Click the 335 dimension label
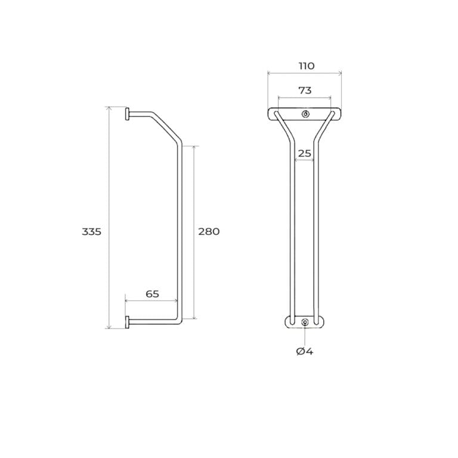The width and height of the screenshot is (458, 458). (x=91, y=231)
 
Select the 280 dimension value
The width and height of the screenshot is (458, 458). (x=209, y=231)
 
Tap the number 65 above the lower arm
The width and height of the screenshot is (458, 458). (x=152, y=294)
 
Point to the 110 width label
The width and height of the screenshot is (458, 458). (x=307, y=66)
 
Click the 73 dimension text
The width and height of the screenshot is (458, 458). (x=305, y=91)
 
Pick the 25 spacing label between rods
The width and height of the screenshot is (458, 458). (x=304, y=153)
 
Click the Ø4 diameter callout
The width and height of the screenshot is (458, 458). (x=304, y=351)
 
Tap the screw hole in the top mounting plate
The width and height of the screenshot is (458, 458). (x=305, y=114)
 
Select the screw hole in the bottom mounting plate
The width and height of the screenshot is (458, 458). (x=305, y=322)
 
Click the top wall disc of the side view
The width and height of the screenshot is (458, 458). (x=127, y=114)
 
